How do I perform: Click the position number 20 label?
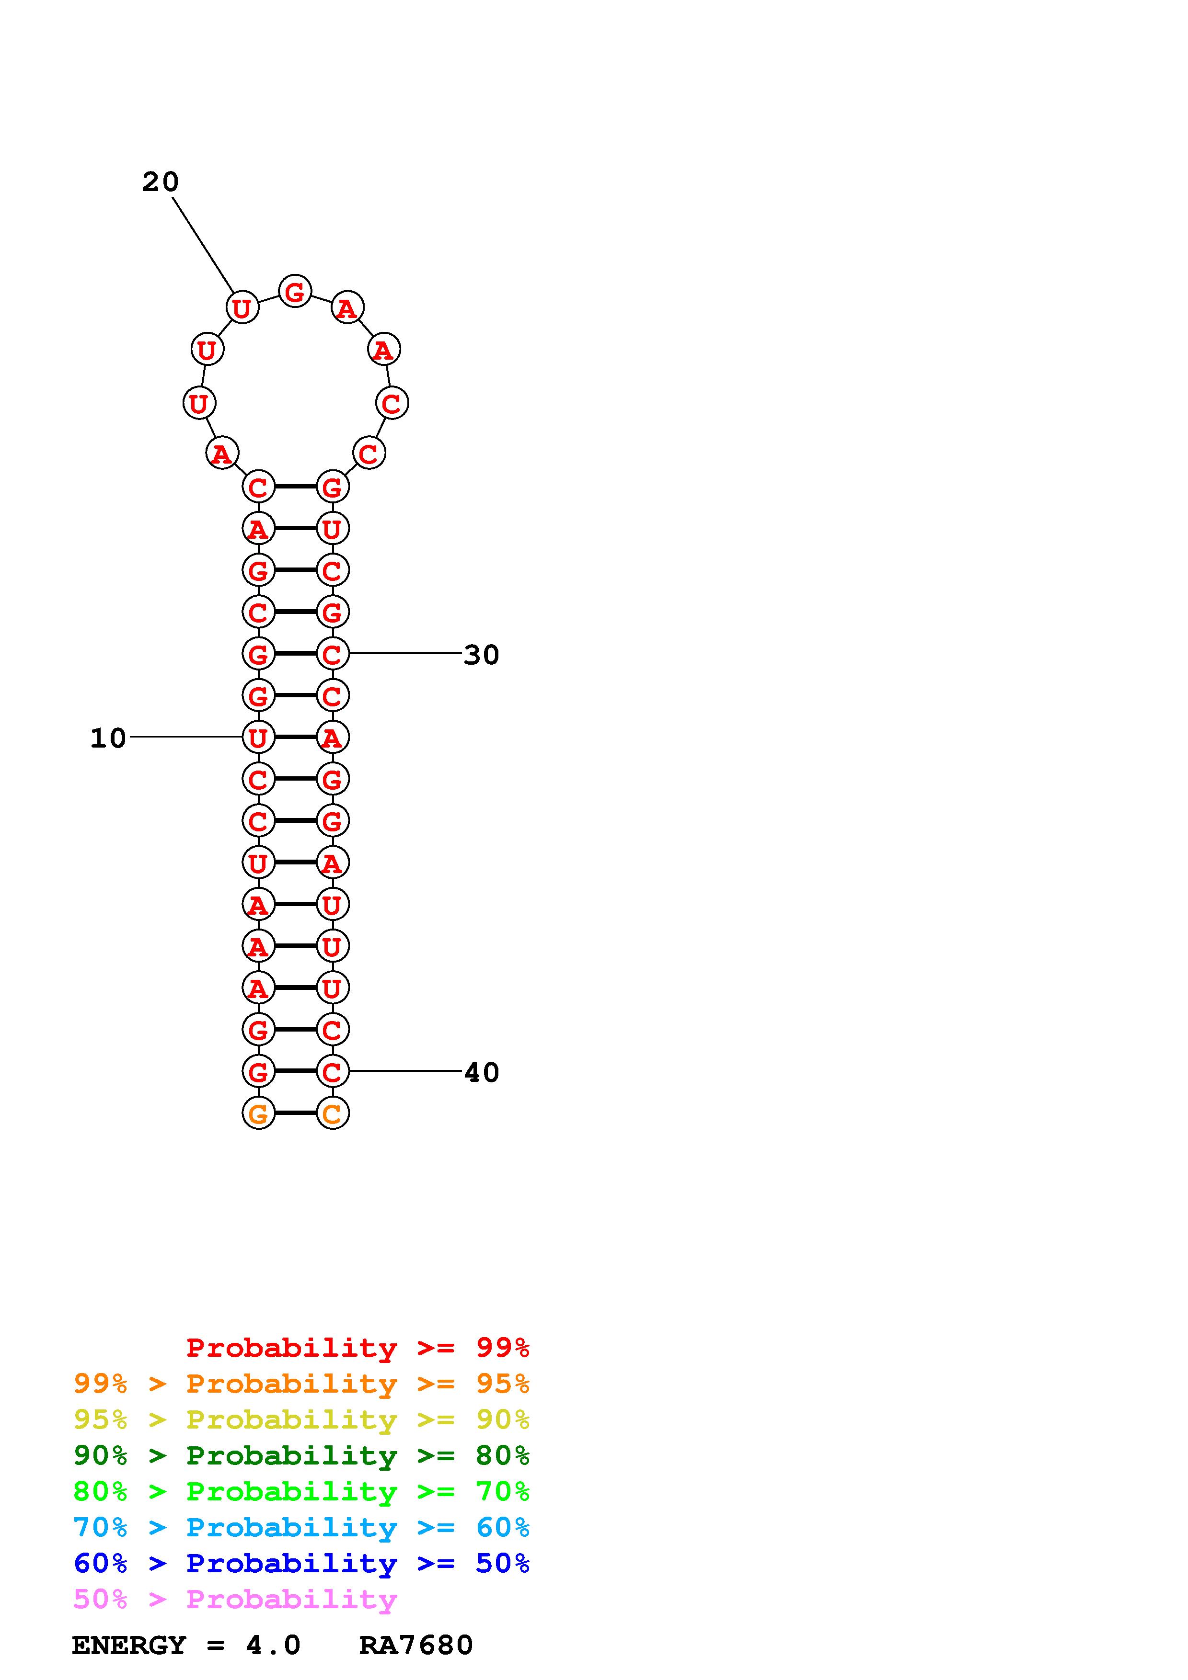(x=161, y=182)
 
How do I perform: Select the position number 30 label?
(x=482, y=654)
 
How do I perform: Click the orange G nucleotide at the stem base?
(x=258, y=1113)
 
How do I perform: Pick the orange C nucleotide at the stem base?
(x=332, y=1113)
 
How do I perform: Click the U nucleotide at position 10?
(x=258, y=738)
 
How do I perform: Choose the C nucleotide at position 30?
(x=332, y=653)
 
